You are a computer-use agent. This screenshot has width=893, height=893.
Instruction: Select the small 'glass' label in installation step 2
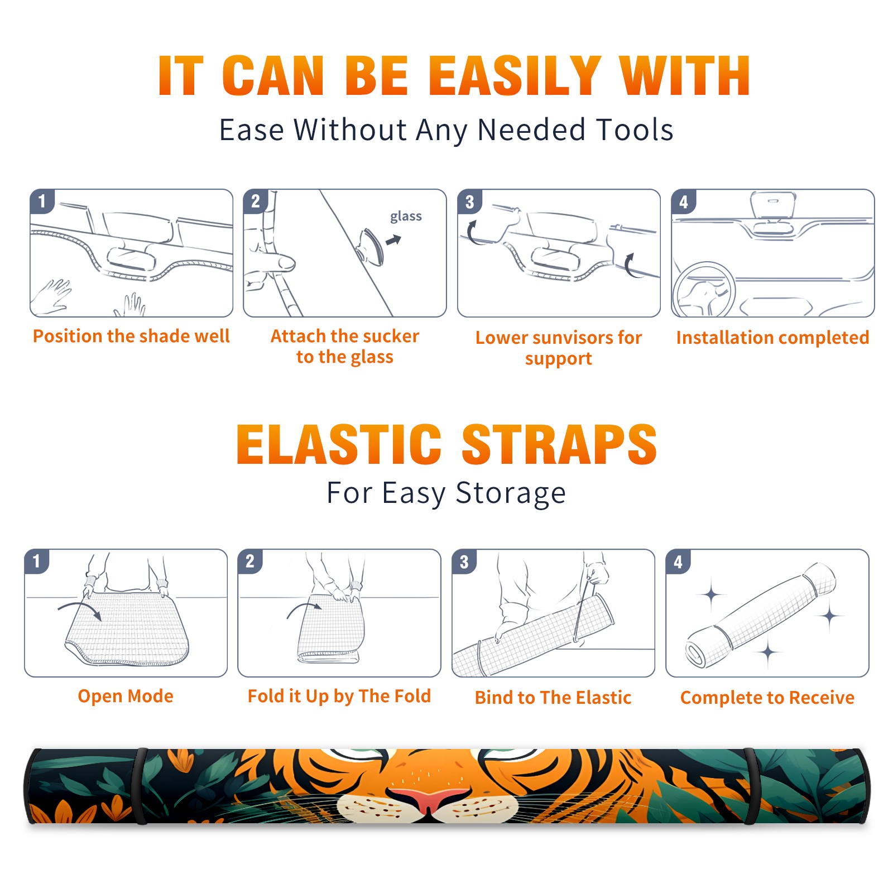coord(406,216)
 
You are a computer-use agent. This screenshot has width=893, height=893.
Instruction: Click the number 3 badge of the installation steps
coord(470,202)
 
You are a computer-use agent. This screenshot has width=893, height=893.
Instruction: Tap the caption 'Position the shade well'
coord(131,336)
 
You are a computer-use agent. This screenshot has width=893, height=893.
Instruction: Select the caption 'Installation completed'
coord(772,337)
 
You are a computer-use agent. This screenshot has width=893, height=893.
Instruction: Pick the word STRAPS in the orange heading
coord(559,444)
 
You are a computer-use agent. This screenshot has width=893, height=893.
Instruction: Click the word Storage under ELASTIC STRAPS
coord(511,493)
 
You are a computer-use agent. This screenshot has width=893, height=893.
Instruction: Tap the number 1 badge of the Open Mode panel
coord(37,561)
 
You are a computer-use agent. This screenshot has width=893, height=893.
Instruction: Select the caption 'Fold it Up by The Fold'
coord(339,696)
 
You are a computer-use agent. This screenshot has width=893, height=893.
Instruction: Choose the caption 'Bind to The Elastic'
coord(553,698)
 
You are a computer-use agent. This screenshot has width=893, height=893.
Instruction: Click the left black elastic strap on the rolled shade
coord(141,786)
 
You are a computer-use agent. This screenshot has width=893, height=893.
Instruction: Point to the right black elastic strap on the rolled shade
coord(751,786)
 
